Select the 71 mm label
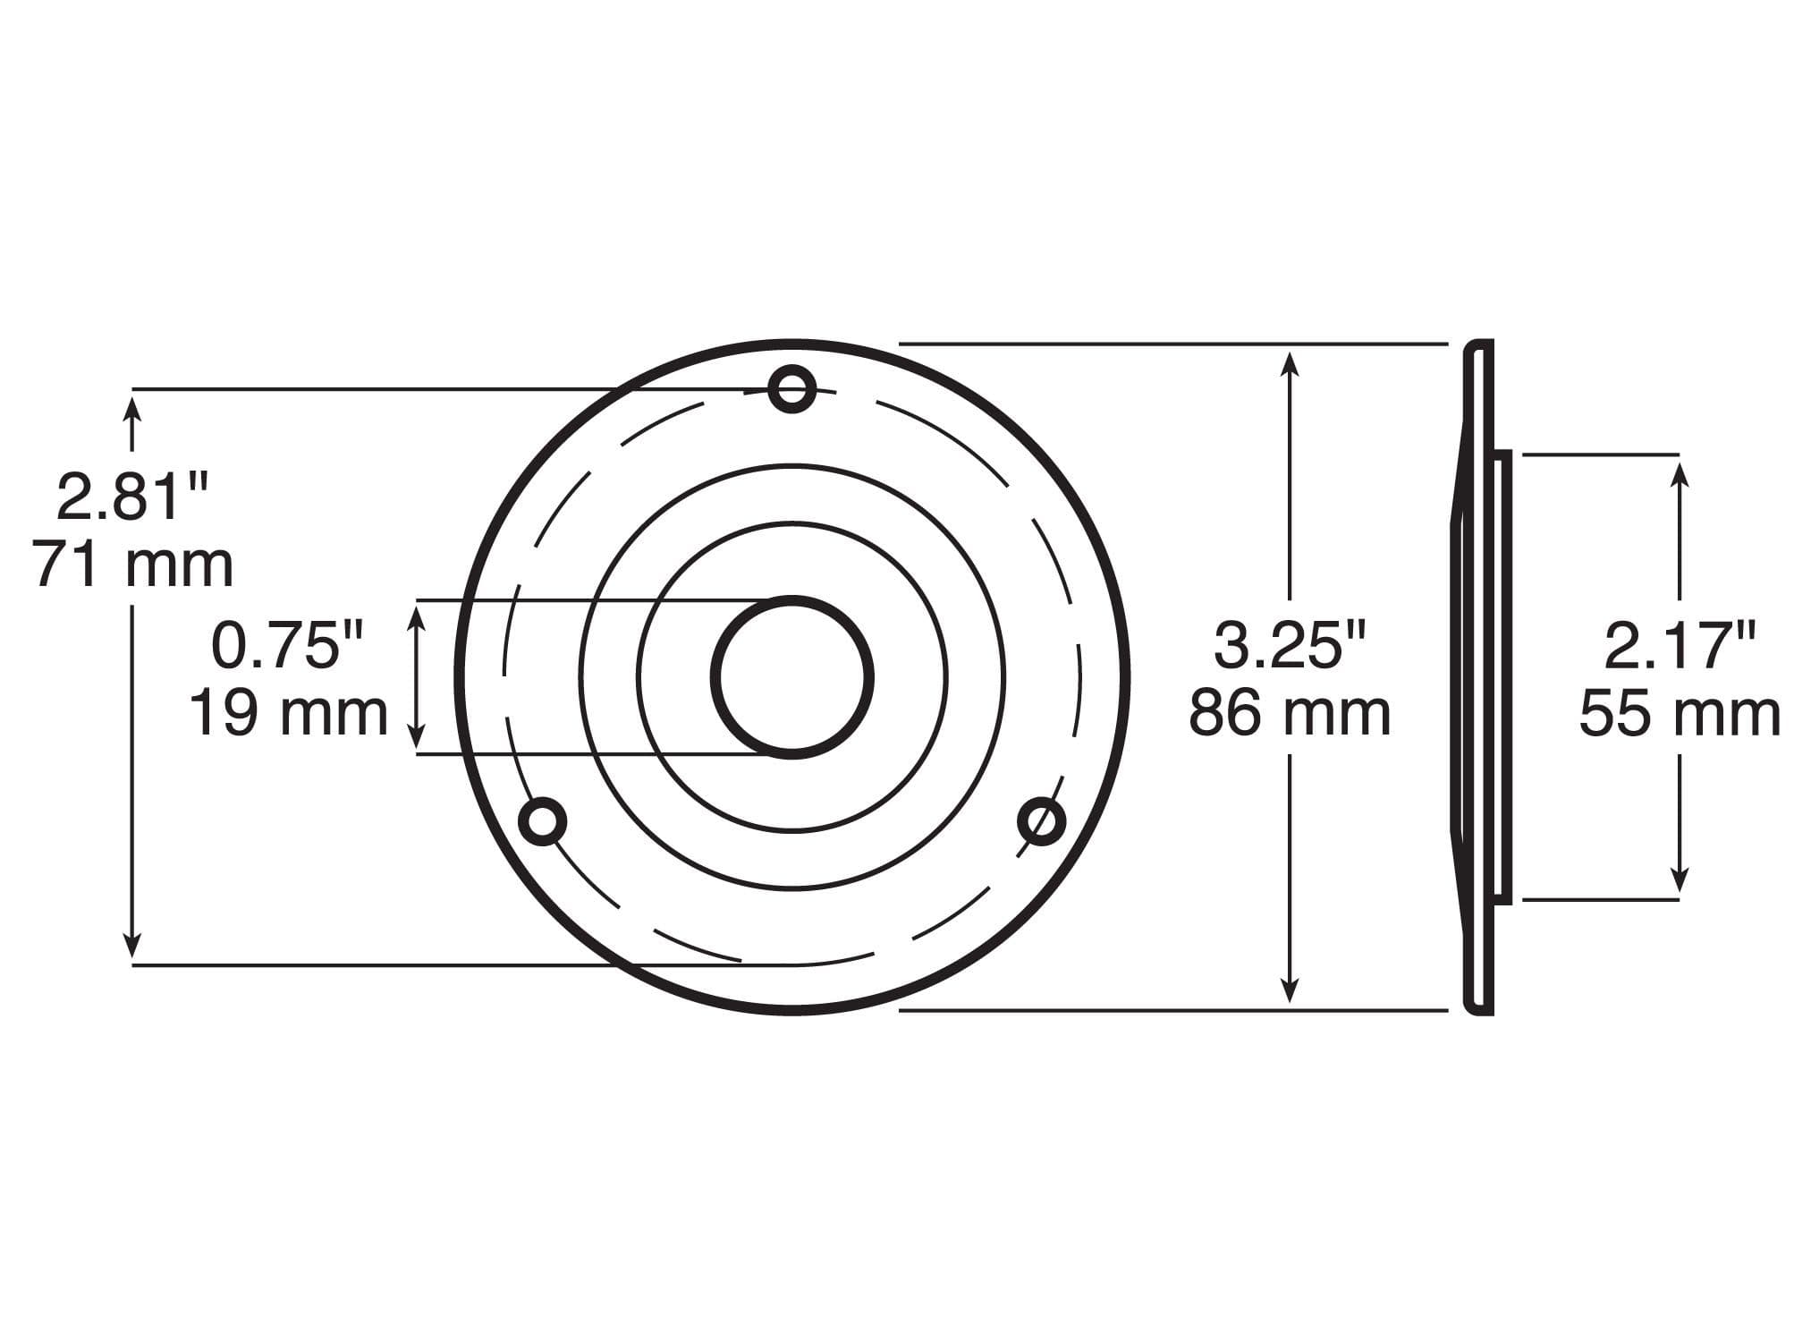click(x=134, y=565)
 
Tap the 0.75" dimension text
click(x=288, y=646)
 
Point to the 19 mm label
click(x=288, y=714)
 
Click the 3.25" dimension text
click(x=1289, y=646)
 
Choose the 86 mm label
click(x=1289, y=714)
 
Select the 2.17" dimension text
click(x=1680, y=646)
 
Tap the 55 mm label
click(x=1680, y=714)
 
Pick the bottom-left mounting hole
click(x=543, y=821)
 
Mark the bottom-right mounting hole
click(x=1042, y=820)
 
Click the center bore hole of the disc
click(x=792, y=677)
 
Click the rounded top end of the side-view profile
click(x=1478, y=347)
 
